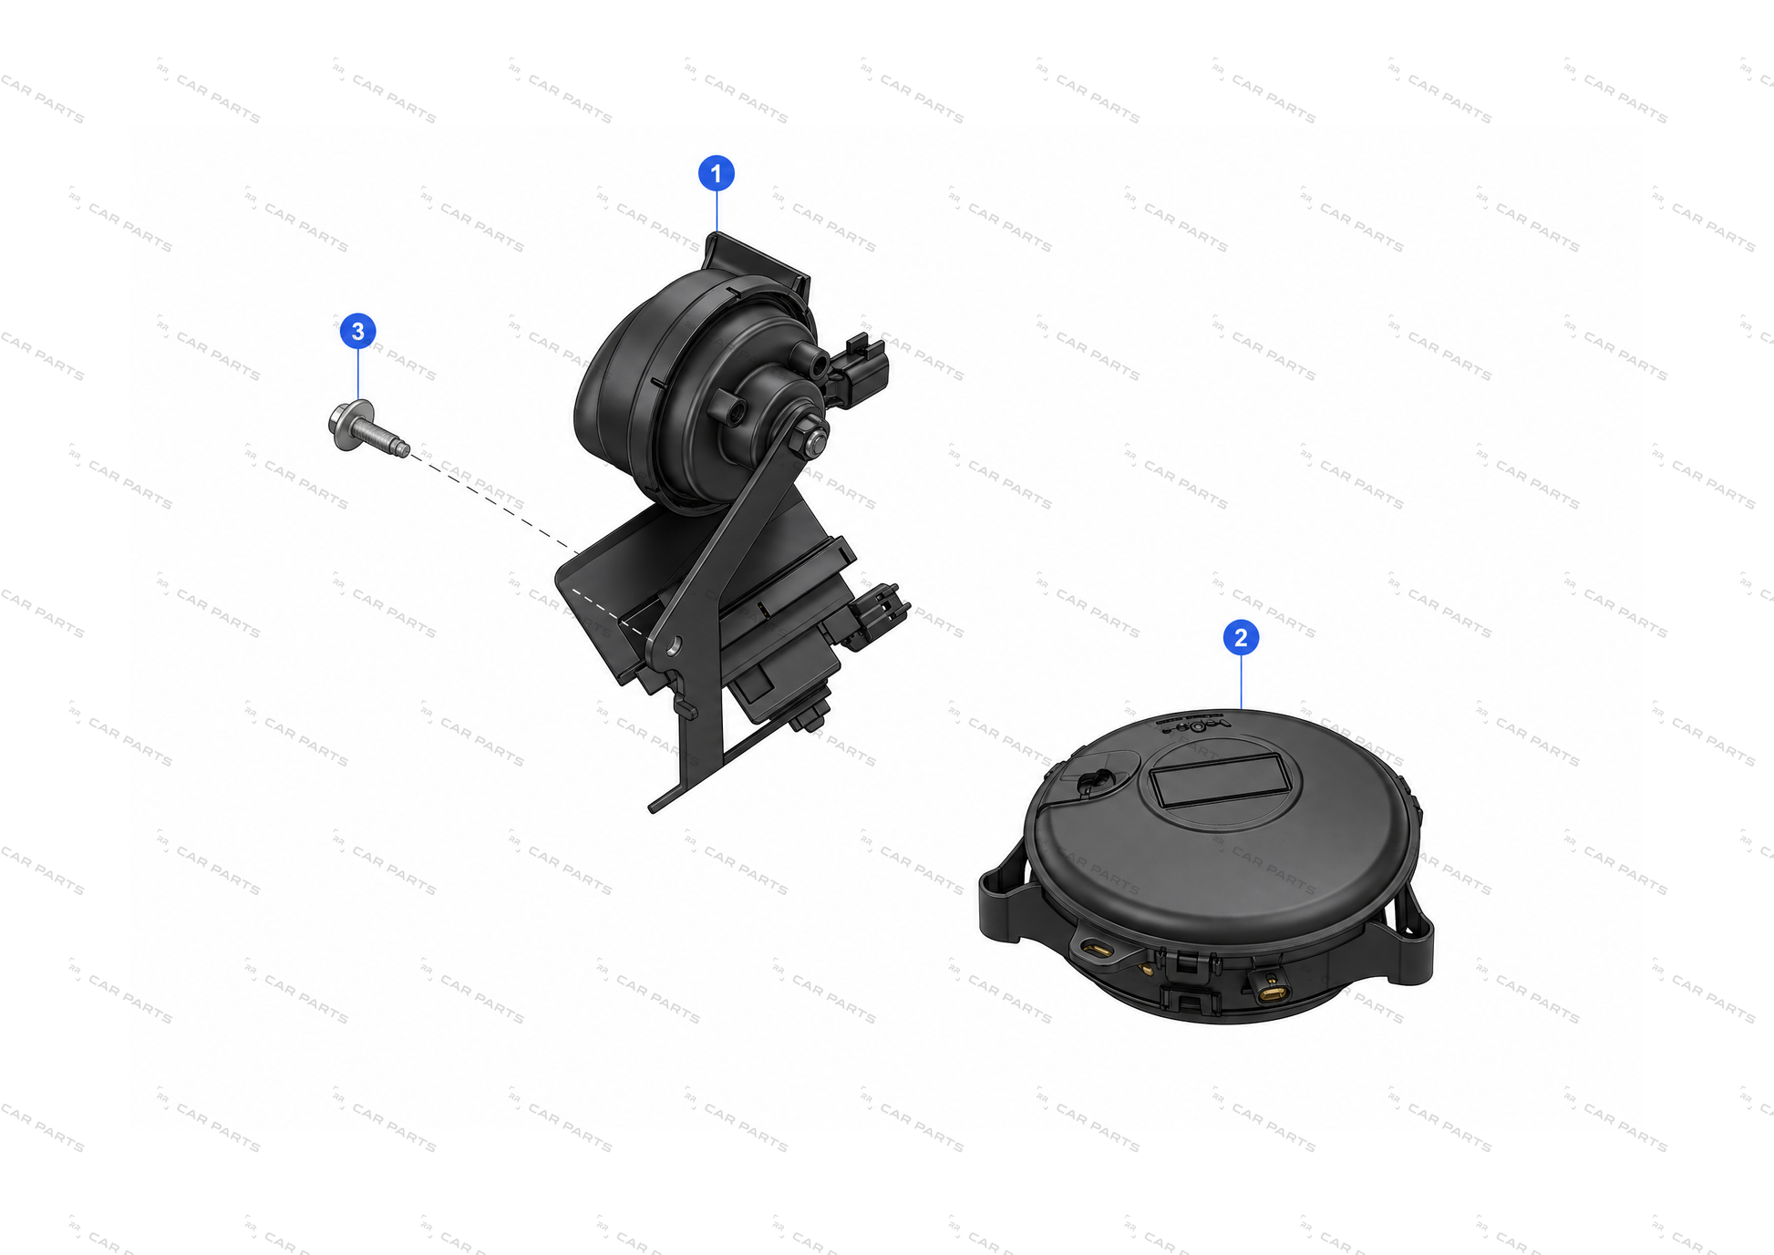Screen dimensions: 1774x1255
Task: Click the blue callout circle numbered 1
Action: [716, 173]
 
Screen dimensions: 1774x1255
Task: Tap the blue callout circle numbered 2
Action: [1241, 638]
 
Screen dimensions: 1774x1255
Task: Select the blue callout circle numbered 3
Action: [358, 331]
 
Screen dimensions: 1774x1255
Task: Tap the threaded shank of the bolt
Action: [388, 439]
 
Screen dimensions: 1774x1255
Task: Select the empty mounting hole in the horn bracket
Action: [674, 647]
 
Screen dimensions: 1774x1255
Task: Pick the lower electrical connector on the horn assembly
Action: [878, 612]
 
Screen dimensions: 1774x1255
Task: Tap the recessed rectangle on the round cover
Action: [1220, 780]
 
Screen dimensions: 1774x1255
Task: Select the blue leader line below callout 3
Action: [358, 375]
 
